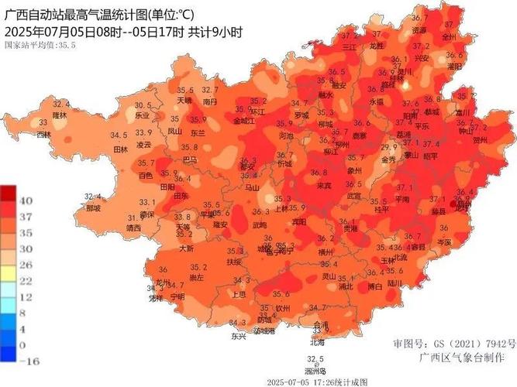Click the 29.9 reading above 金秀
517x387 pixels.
388,148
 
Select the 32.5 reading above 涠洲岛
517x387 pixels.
314,359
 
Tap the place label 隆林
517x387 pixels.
60,115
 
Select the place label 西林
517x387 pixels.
43,135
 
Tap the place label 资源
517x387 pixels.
419,30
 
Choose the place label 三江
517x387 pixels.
349,46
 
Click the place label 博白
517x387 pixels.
374,286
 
